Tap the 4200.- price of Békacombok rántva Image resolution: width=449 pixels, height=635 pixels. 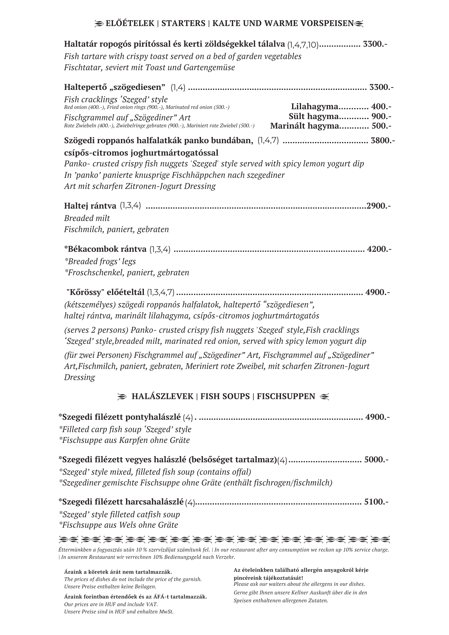pos(379,249)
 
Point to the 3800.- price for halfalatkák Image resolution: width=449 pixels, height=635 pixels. pos(383,140)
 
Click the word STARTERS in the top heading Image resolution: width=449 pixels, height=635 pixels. pos(183,23)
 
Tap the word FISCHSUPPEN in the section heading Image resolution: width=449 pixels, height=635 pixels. pos(286,396)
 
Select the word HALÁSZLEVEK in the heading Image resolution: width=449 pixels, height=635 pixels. pos(162,396)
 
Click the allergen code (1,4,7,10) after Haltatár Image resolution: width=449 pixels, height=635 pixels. pos(303,45)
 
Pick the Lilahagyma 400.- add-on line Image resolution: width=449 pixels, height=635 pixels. pos(341,107)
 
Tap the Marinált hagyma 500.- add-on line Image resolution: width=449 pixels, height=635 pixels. pos(331,126)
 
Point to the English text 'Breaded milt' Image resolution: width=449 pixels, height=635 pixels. pos(87,218)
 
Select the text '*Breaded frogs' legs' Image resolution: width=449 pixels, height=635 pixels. pos(100,261)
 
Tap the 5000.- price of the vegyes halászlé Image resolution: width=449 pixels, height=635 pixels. pos(376,459)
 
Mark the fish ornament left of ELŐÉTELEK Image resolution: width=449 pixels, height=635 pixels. pos(99,23)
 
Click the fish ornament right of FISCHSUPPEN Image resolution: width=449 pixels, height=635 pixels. pos(325,397)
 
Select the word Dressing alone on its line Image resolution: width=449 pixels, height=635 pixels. pos(79,377)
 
